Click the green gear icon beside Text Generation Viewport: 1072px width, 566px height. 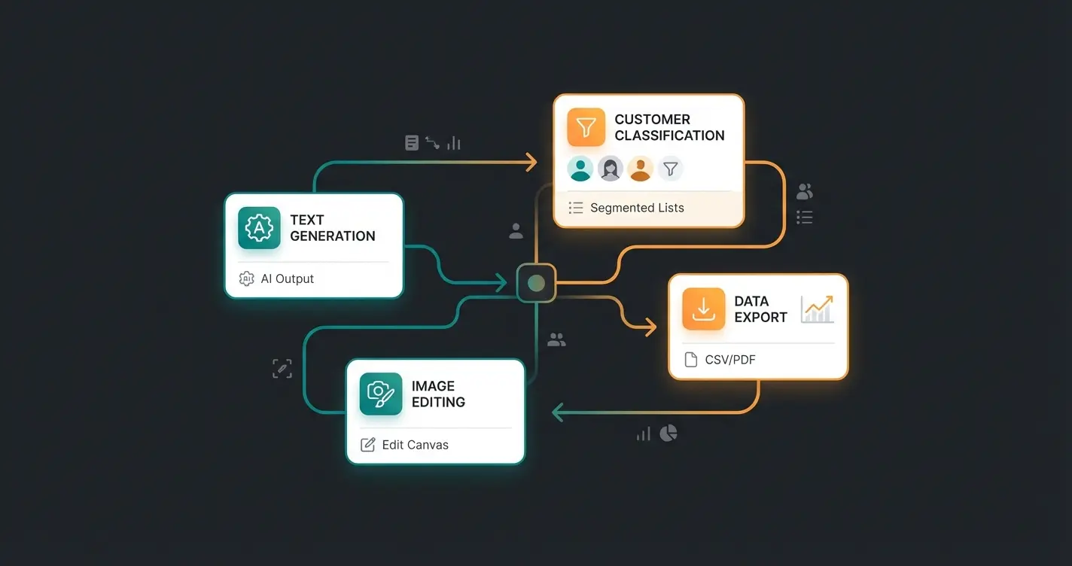[259, 228]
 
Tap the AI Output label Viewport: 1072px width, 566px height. [287, 278]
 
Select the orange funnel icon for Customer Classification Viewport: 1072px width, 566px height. [586, 127]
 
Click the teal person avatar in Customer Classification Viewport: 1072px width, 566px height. [580, 169]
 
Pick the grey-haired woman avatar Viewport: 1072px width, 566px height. [611, 169]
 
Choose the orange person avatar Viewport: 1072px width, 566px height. [641, 169]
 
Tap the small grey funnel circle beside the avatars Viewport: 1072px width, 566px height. [670, 169]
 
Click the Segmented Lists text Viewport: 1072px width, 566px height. [637, 208]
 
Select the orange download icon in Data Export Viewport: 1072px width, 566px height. [703, 309]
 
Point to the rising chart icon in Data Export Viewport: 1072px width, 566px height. [817, 309]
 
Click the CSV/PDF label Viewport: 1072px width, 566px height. [729, 360]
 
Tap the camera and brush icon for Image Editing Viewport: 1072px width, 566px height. [380, 394]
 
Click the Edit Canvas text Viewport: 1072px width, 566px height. [415, 445]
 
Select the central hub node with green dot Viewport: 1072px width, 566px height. [536, 283]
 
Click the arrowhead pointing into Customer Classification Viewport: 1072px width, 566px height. [531, 161]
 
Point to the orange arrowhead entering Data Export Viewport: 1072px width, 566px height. [648, 326]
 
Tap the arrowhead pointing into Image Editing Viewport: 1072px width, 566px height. [559, 412]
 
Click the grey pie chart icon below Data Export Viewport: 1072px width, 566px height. [668, 433]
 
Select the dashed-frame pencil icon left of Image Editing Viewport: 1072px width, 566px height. [282, 368]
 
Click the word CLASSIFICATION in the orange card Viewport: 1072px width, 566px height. [669, 135]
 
